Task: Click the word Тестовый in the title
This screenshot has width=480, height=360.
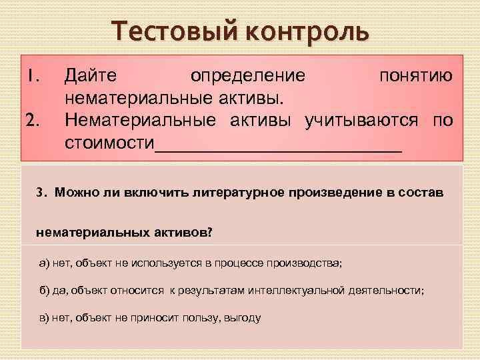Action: (x=167, y=30)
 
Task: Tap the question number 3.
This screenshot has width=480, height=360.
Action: (x=41, y=193)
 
